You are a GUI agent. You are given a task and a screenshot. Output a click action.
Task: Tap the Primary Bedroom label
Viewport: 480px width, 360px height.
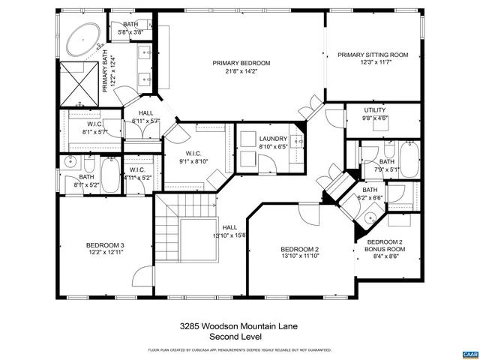[x=241, y=63]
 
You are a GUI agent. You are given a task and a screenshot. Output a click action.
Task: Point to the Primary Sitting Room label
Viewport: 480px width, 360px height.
[x=372, y=55]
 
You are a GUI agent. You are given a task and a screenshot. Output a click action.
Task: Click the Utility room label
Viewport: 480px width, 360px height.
[x=375, y=110]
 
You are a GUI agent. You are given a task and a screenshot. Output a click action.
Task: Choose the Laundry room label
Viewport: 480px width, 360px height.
[x=273, y=139]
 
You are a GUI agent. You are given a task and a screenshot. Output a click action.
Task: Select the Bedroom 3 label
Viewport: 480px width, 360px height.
[x=105, y=245]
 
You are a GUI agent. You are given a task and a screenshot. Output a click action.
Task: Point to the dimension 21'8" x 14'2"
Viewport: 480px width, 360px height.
[x=241, y=72]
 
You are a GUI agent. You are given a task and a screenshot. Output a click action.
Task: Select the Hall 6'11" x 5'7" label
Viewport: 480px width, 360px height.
[x=145, y=113]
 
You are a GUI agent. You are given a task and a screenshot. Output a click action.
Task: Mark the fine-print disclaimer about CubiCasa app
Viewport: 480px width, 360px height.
[x=240, y=350]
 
